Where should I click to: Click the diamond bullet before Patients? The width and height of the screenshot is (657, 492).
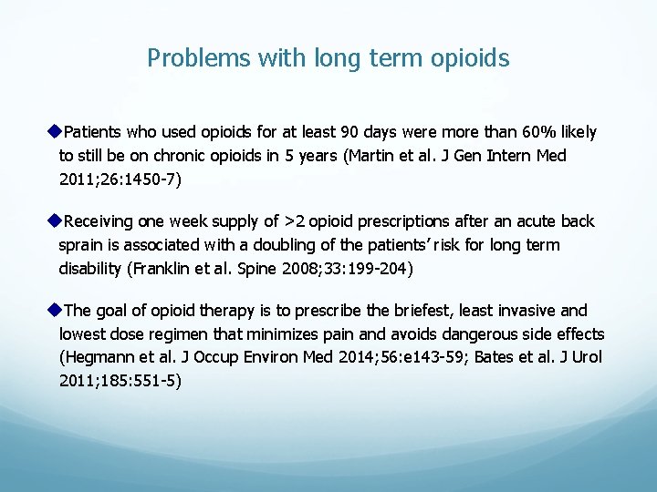click(x=54, y=132)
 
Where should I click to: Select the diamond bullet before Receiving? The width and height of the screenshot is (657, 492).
click(x=54, y=221)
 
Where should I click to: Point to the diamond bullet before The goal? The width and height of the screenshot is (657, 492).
click(x=54, y=311)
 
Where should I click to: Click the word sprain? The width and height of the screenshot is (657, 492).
click(x=83, y=245)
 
